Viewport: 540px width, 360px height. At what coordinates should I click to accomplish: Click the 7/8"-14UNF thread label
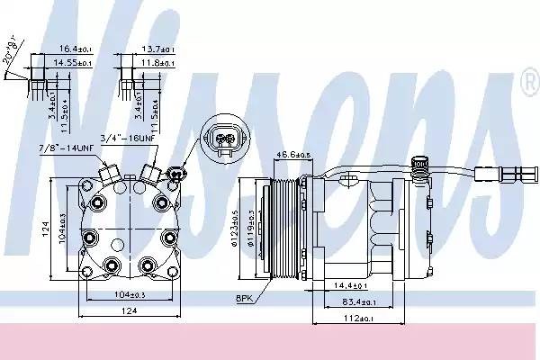[67, 148]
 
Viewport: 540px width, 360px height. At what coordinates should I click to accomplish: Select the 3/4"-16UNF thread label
[147, 139]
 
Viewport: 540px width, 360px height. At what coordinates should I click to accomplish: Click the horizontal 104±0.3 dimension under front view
[112, 295]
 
